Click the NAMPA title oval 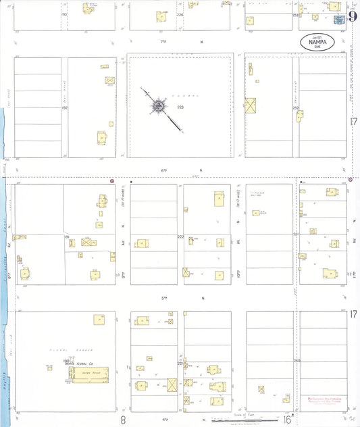pyautogui.click(x=317, y=42)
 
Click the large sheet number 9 pyautogui.click(x=353, y=16)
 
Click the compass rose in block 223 pyautogui.click(x=158, y=106)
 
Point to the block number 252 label pyautogui.click(x=295, y=107)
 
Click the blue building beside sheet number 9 pyautogui.click(x=340, y=20)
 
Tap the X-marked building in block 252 pyautogui.click(x=252, y=106)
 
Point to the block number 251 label pyautogui.click(x=295, y=234)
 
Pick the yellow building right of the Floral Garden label pyautogui.click(x=99, y=319)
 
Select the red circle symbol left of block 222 pyautogui.click(x=111, y=180)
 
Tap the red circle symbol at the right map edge pyautogui.click(x=351, y=179)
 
